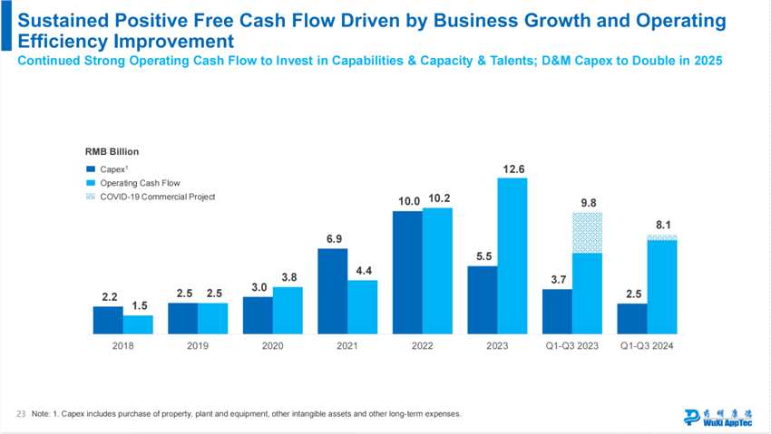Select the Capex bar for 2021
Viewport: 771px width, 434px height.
pyautogui.click(x=333, y=291)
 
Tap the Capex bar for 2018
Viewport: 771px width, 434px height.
pyautogui.click(x=108, y=320)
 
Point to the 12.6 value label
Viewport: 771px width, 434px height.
pyautogui.click(x=513, y=169)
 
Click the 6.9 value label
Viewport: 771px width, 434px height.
pyautogui.click(x=333, y=239)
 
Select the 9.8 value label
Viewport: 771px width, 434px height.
pyautogui.click(x=588, y=203)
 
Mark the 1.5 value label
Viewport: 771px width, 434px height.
pyautogui.click(x=139, y=306)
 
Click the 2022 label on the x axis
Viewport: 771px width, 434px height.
pyautogui.click(x=422, y=346)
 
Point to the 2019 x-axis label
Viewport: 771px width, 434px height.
pyautogui.click(x=198, y=346)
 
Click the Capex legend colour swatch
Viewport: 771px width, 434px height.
pyautogui.click(x=91, y=169)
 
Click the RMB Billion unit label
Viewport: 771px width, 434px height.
pyautogui.click(x=112, y=151)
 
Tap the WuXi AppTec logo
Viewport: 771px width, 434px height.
pyautogui.click(x=717, y=417)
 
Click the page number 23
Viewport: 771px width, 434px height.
pyautogui.click(x=21, y=414)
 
